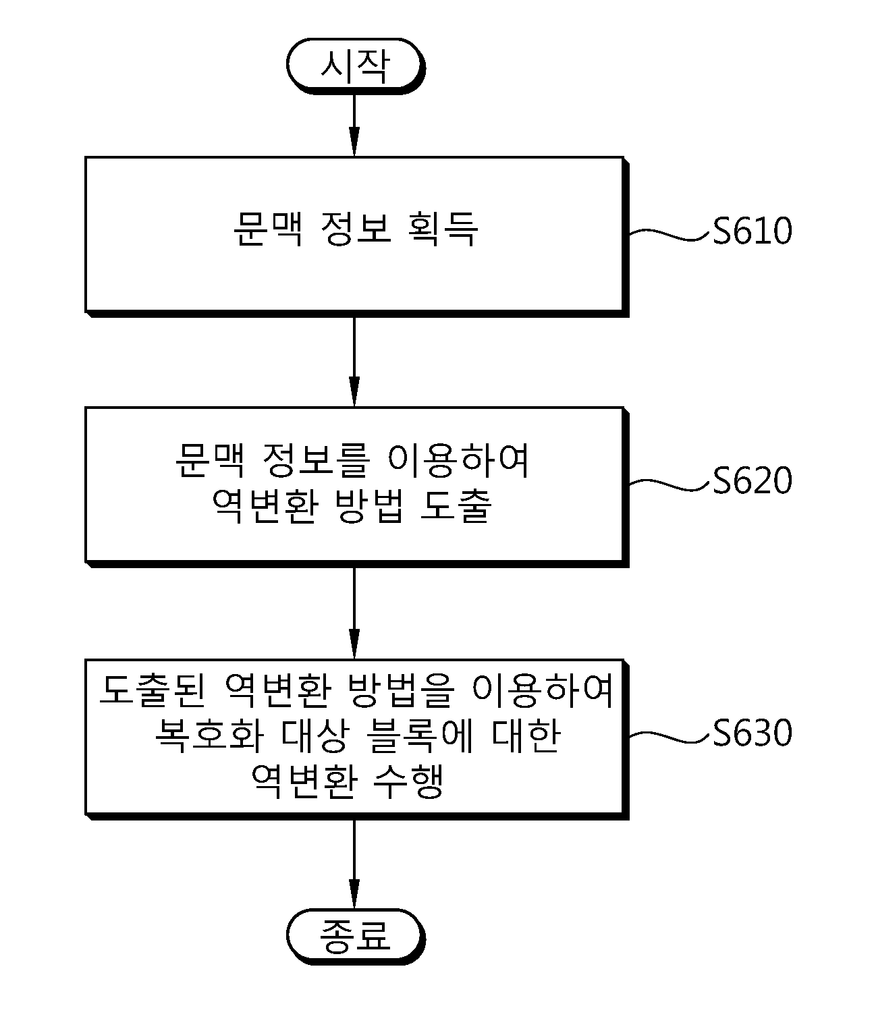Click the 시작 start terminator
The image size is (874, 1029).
click(354, 65)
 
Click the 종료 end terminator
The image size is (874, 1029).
click(355, 936)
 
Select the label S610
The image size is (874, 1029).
click(752, 231)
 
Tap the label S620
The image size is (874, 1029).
click(752, 481)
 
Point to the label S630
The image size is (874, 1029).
click(752, 733)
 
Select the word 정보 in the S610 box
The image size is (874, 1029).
click(355, 230)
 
